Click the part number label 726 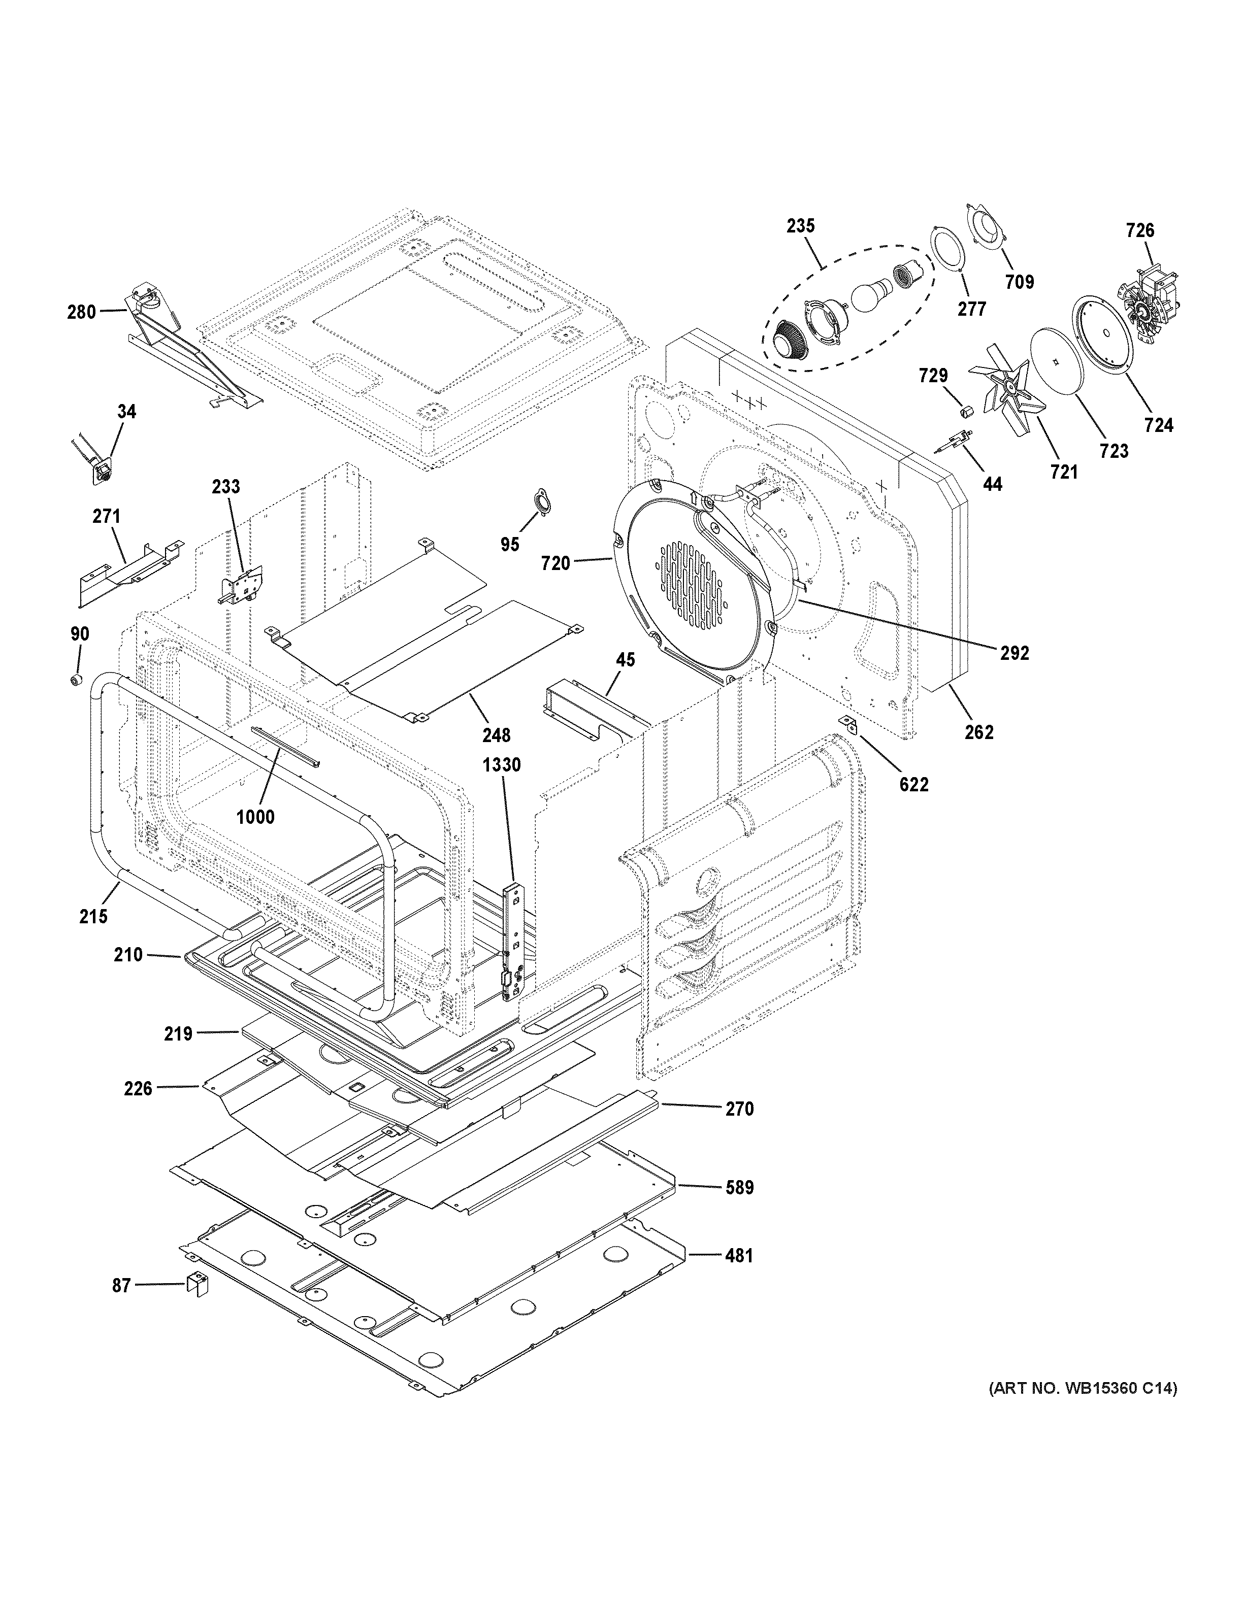[1140, 230]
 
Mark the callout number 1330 [502, 765]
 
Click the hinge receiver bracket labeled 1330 [513, 943]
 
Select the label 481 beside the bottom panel [739, 1255]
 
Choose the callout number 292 [1014, 652]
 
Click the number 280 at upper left [82, 312]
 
